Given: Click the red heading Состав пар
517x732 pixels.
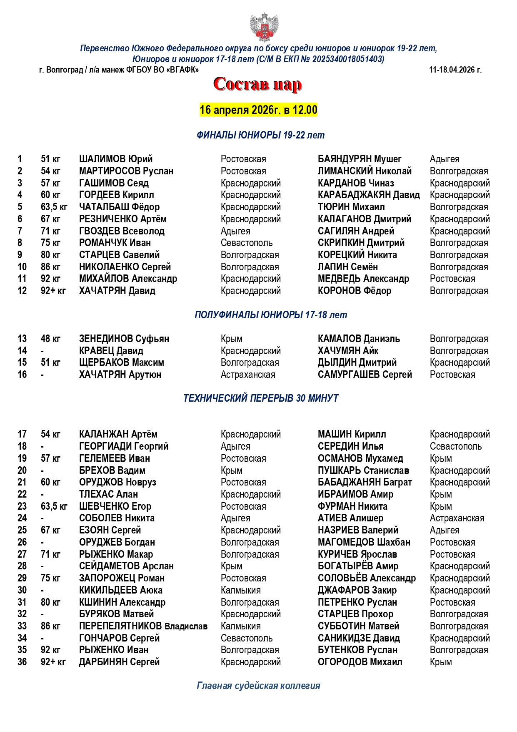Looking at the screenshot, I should coord(257,84).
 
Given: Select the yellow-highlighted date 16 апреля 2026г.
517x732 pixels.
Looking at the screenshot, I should coord(258,110).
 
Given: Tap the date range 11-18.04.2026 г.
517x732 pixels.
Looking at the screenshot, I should coord(455,70).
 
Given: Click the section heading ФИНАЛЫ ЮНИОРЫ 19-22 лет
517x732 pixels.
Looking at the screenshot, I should coord(260,135).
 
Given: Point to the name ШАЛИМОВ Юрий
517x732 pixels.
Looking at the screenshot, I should coord(116,159).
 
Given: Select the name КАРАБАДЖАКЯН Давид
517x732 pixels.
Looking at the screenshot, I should coord(369,195).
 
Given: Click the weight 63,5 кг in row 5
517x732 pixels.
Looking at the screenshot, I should coord(54,207).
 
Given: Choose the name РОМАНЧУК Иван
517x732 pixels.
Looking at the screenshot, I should coord(115,243).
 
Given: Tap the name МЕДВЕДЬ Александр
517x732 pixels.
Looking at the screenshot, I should coord(363,279).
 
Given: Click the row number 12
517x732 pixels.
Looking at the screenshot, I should coord(22,291).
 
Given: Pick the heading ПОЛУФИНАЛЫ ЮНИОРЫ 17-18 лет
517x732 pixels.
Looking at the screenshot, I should coord(271,315).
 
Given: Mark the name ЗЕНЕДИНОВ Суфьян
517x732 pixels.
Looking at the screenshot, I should coord(124,339).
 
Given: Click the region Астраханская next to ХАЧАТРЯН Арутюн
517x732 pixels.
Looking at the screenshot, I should coord(248,375).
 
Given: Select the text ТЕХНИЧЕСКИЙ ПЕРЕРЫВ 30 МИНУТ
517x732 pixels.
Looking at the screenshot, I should coord(261,398).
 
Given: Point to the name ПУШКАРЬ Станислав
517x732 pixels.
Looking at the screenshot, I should coord(363,470).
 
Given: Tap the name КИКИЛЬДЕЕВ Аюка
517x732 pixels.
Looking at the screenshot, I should coord(121,590).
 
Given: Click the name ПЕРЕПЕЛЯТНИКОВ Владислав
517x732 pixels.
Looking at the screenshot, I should coord(143,626).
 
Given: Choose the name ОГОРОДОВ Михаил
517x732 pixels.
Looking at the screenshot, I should coord(360,662).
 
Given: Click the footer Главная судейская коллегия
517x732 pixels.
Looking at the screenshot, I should coord(258,686).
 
